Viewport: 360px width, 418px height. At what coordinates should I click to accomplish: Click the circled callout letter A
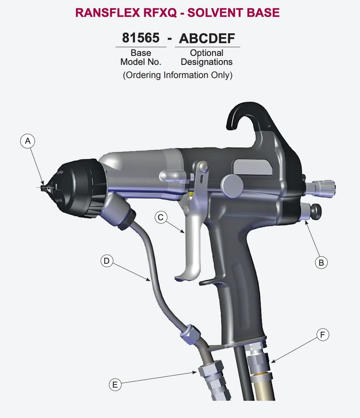tap(28, 141)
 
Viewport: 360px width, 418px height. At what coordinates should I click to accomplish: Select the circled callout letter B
tap(321, 262)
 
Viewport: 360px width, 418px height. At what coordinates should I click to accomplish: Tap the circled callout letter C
tap(161, 218)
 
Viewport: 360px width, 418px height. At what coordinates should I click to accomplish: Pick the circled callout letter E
tap(115, 384)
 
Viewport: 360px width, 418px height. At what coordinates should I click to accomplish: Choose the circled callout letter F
tap(322, 335)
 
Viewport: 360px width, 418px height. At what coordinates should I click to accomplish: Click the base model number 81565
tap(141, 38)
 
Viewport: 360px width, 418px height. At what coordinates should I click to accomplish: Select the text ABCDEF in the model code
tap(207, 38)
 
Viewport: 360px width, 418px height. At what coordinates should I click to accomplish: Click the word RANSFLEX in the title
tap(107, 13)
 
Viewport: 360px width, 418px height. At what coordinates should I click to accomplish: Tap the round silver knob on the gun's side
tap(232, 186)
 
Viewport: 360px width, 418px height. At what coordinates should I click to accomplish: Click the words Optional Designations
tap(207, 58)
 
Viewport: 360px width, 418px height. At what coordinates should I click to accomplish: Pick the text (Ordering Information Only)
tap(178, 76)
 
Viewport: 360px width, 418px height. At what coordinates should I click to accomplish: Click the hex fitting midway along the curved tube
tap(190, 334)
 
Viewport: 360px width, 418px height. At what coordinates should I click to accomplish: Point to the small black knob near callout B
tap(316, 211)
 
